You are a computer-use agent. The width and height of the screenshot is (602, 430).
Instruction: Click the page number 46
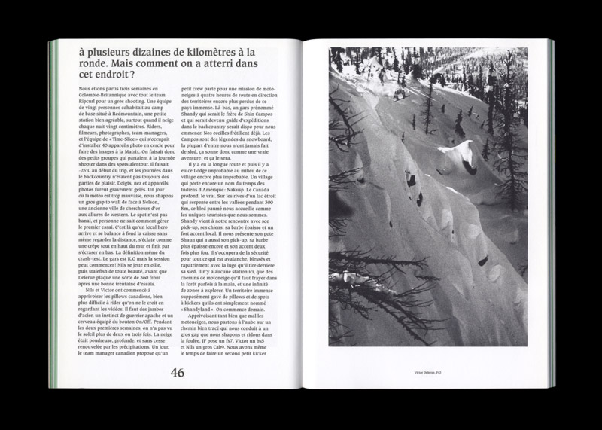177,373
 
